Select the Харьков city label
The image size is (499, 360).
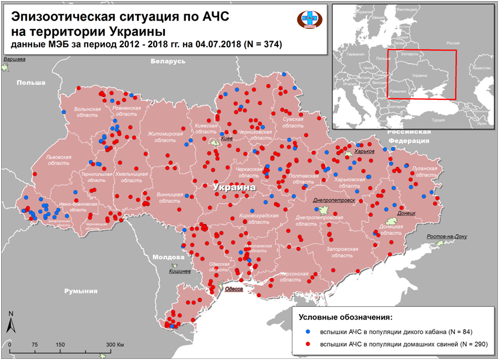tap(364, 151)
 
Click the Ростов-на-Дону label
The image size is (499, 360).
tap(447, 236)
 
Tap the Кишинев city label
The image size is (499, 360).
tap(180, 271)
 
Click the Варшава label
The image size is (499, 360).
tap(14, 59)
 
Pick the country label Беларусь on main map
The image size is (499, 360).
tap(167, 61)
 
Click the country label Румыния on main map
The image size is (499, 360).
tap(80, 291)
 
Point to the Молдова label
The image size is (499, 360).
tap(168, 257)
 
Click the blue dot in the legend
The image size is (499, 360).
tap(308, 332)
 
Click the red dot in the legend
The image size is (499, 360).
tap(308, 344)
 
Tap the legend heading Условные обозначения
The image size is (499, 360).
tap(345, 318)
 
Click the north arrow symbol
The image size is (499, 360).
tap(10, 322)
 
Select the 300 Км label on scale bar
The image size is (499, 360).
tap(114, 344)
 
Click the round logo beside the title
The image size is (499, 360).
tap(308, 18)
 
